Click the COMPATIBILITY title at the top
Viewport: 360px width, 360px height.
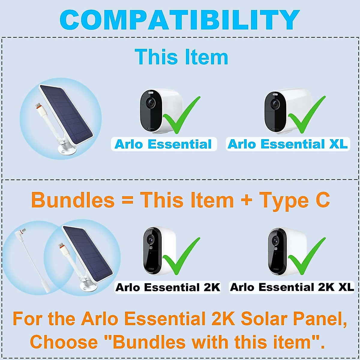pyautogui.click(x=180, y=20)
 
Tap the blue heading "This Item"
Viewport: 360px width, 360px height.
pyautogui.click(x=181, y=57)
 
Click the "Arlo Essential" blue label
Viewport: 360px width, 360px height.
pyautogui.click(x=163, y=144)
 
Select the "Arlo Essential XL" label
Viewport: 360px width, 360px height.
pyautogui.click(x=287, y=144)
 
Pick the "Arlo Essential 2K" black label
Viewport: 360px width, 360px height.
pyautogui.click(x=168, y=287)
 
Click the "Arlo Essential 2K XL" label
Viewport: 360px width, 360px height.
pyautogui.click(x=292, y=287)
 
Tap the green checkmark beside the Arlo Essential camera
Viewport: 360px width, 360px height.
pyautogui.click(x=180, y=115)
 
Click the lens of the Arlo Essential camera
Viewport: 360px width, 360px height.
pyautogui.click(x=151, y=103)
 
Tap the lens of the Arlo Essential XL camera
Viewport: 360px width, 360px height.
pyautogui.click(x=275, y=105)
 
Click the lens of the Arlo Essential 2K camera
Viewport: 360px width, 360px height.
pyautogui.click(x=151, y=239)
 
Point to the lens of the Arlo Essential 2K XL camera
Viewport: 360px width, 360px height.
pyautogui.click(x=274, y=240)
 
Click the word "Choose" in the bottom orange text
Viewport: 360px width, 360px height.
pyautogui.click(x=64, y=342)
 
